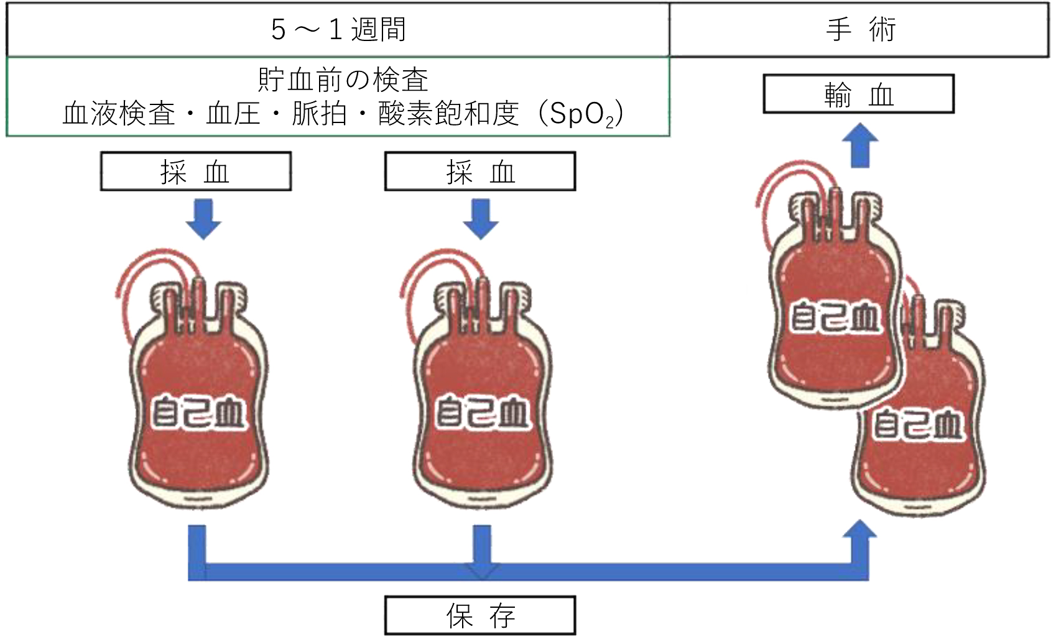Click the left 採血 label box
tap(197, 174)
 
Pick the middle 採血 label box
tap(481, 174)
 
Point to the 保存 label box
tap(481, 617)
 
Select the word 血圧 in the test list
tap(236, 118)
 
